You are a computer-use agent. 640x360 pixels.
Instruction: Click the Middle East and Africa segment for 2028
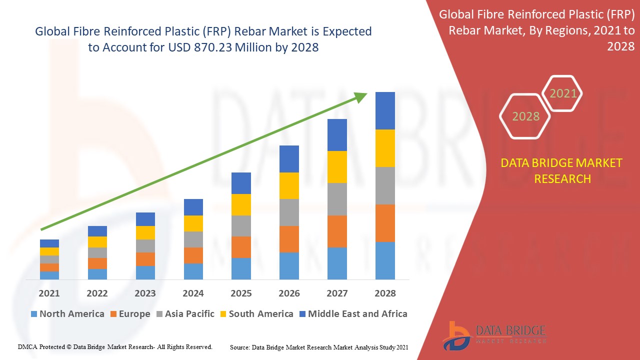(x=385, y=110)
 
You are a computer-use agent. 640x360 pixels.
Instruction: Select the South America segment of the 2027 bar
(x=337, y=167)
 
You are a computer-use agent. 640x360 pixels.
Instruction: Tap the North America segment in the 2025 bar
(x=241, y=268)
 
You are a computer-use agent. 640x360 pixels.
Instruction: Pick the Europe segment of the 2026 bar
(x=289, y=239)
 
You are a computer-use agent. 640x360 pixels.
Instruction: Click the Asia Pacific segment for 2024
(x=193, y=239)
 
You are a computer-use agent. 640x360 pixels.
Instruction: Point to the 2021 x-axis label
(x=49, y=293)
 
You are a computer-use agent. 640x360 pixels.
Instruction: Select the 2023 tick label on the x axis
(x=145, y=293)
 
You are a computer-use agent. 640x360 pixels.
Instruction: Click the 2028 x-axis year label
(x=385, y=293)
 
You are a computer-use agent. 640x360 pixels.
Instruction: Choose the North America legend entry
(x=67, y=314)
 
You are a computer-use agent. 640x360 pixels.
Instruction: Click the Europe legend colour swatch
(x=113, y=314)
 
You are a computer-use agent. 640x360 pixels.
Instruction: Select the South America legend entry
(x=260, y=314)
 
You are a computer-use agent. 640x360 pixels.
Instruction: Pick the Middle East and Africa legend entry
(x=357, y=314)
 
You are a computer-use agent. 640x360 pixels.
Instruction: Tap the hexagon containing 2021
(x=563, y=93)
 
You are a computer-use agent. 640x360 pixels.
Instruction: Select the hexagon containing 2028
(x=525, y=116)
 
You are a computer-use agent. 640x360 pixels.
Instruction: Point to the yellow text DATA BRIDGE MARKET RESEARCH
(x=562, y=171)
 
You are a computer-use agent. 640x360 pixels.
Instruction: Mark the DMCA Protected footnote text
(x=115, y=346)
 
